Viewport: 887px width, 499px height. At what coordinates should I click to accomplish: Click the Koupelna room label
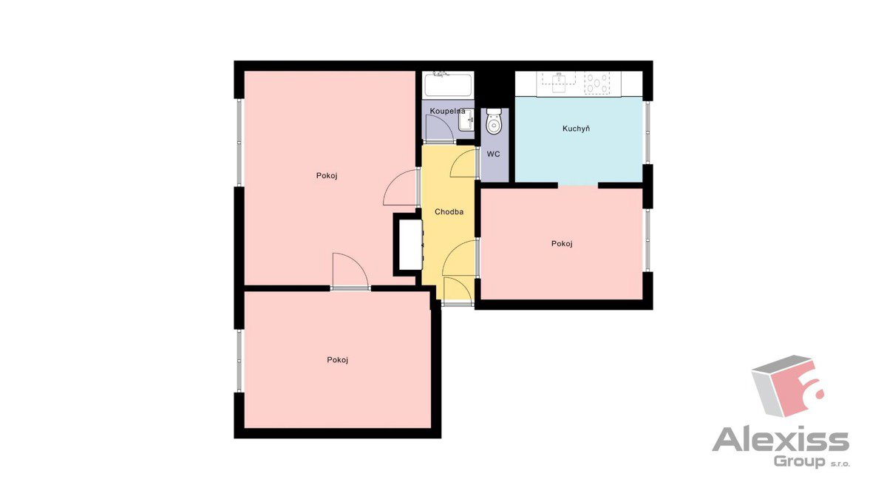(x=447, y=112)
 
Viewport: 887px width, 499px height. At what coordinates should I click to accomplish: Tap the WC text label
(x=494, y=154)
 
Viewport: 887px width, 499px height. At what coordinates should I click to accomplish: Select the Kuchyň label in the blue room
(x=576, y=129)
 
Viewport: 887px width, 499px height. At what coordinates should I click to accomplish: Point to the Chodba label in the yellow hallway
(x=449, y=212)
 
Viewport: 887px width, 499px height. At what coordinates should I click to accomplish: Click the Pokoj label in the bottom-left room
(x=337, y=360)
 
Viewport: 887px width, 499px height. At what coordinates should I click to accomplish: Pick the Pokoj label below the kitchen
(x=562, y=244)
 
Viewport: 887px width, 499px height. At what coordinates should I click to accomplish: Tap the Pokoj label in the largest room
(x=327, y=176)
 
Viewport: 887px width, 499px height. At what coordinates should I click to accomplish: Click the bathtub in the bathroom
(x=448, y=84)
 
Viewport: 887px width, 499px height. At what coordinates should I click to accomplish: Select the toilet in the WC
(x=494, y=121)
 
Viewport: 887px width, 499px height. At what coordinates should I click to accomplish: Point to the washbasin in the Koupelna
(x=466, y=120)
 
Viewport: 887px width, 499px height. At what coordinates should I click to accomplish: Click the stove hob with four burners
(x=597, y=84)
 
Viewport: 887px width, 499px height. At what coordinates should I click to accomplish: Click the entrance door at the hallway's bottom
(x=458, y=291)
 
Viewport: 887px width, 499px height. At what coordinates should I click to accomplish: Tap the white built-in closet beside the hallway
(x=409, y=244)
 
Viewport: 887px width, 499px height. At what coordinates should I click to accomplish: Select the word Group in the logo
(x=800, y=462)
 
